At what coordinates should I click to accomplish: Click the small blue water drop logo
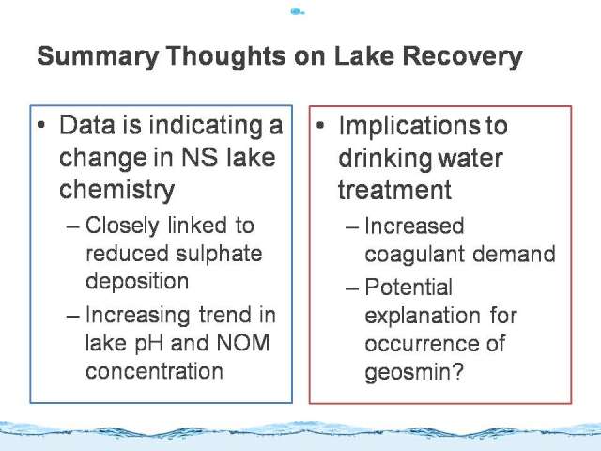(x=298, y=12)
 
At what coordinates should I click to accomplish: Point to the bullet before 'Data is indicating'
(x=41, y=125)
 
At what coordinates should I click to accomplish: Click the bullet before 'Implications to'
(x=320, y=125)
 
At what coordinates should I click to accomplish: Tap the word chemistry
(x=116, y=191)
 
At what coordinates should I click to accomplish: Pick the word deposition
(x=137, y=282)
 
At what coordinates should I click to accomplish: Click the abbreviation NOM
(x=243, y=342)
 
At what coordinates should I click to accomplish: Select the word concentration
(x=154, y=371)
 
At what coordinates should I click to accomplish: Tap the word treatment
(x=394, y=190)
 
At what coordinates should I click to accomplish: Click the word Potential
(x=408, y=287)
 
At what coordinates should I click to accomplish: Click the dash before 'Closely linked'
(x=73, y=226)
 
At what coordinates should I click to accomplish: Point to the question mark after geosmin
(x=458, y=370)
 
